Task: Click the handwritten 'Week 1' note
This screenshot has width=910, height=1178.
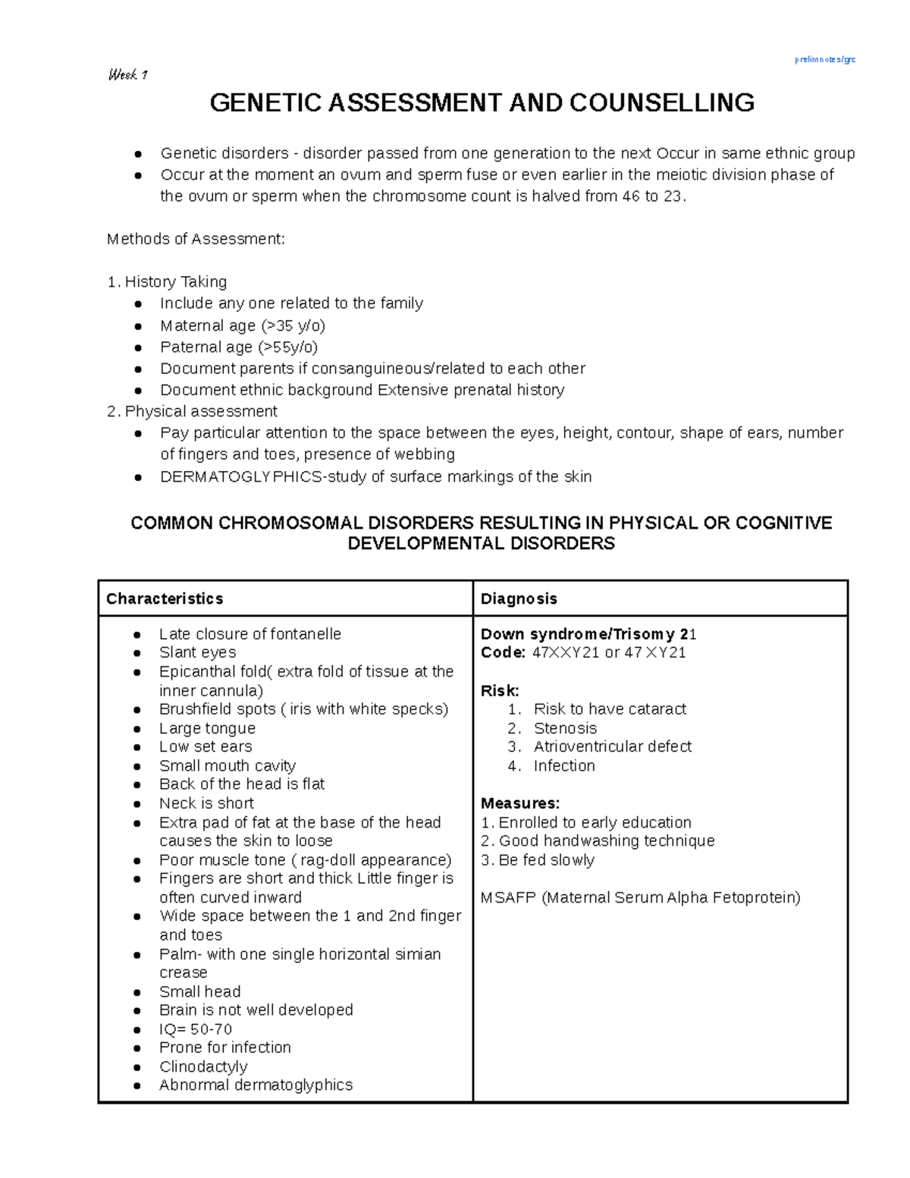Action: tap(127, 74)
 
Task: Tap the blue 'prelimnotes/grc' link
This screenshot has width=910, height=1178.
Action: tap(825, 59)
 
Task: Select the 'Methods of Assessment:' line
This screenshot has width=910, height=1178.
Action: tap(196, 239)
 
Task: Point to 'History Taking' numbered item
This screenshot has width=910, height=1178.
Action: tap(175, 281)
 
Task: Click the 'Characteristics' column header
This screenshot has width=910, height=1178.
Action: tap(165, 598)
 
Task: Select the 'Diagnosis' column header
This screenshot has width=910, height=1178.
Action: tap(519, 598)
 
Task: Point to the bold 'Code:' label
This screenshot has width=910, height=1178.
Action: tap(503, 652)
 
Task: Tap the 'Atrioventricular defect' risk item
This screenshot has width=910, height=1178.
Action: tap(612, 746)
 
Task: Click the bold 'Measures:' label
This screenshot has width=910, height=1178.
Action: tap(520, 803)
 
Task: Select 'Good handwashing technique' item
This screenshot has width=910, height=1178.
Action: tap(606, 840)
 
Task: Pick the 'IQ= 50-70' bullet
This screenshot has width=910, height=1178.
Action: tap(196, 1029)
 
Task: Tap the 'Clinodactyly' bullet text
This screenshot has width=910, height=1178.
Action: tap(203, 1066)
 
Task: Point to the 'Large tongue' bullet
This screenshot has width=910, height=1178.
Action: tap(207, 727)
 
